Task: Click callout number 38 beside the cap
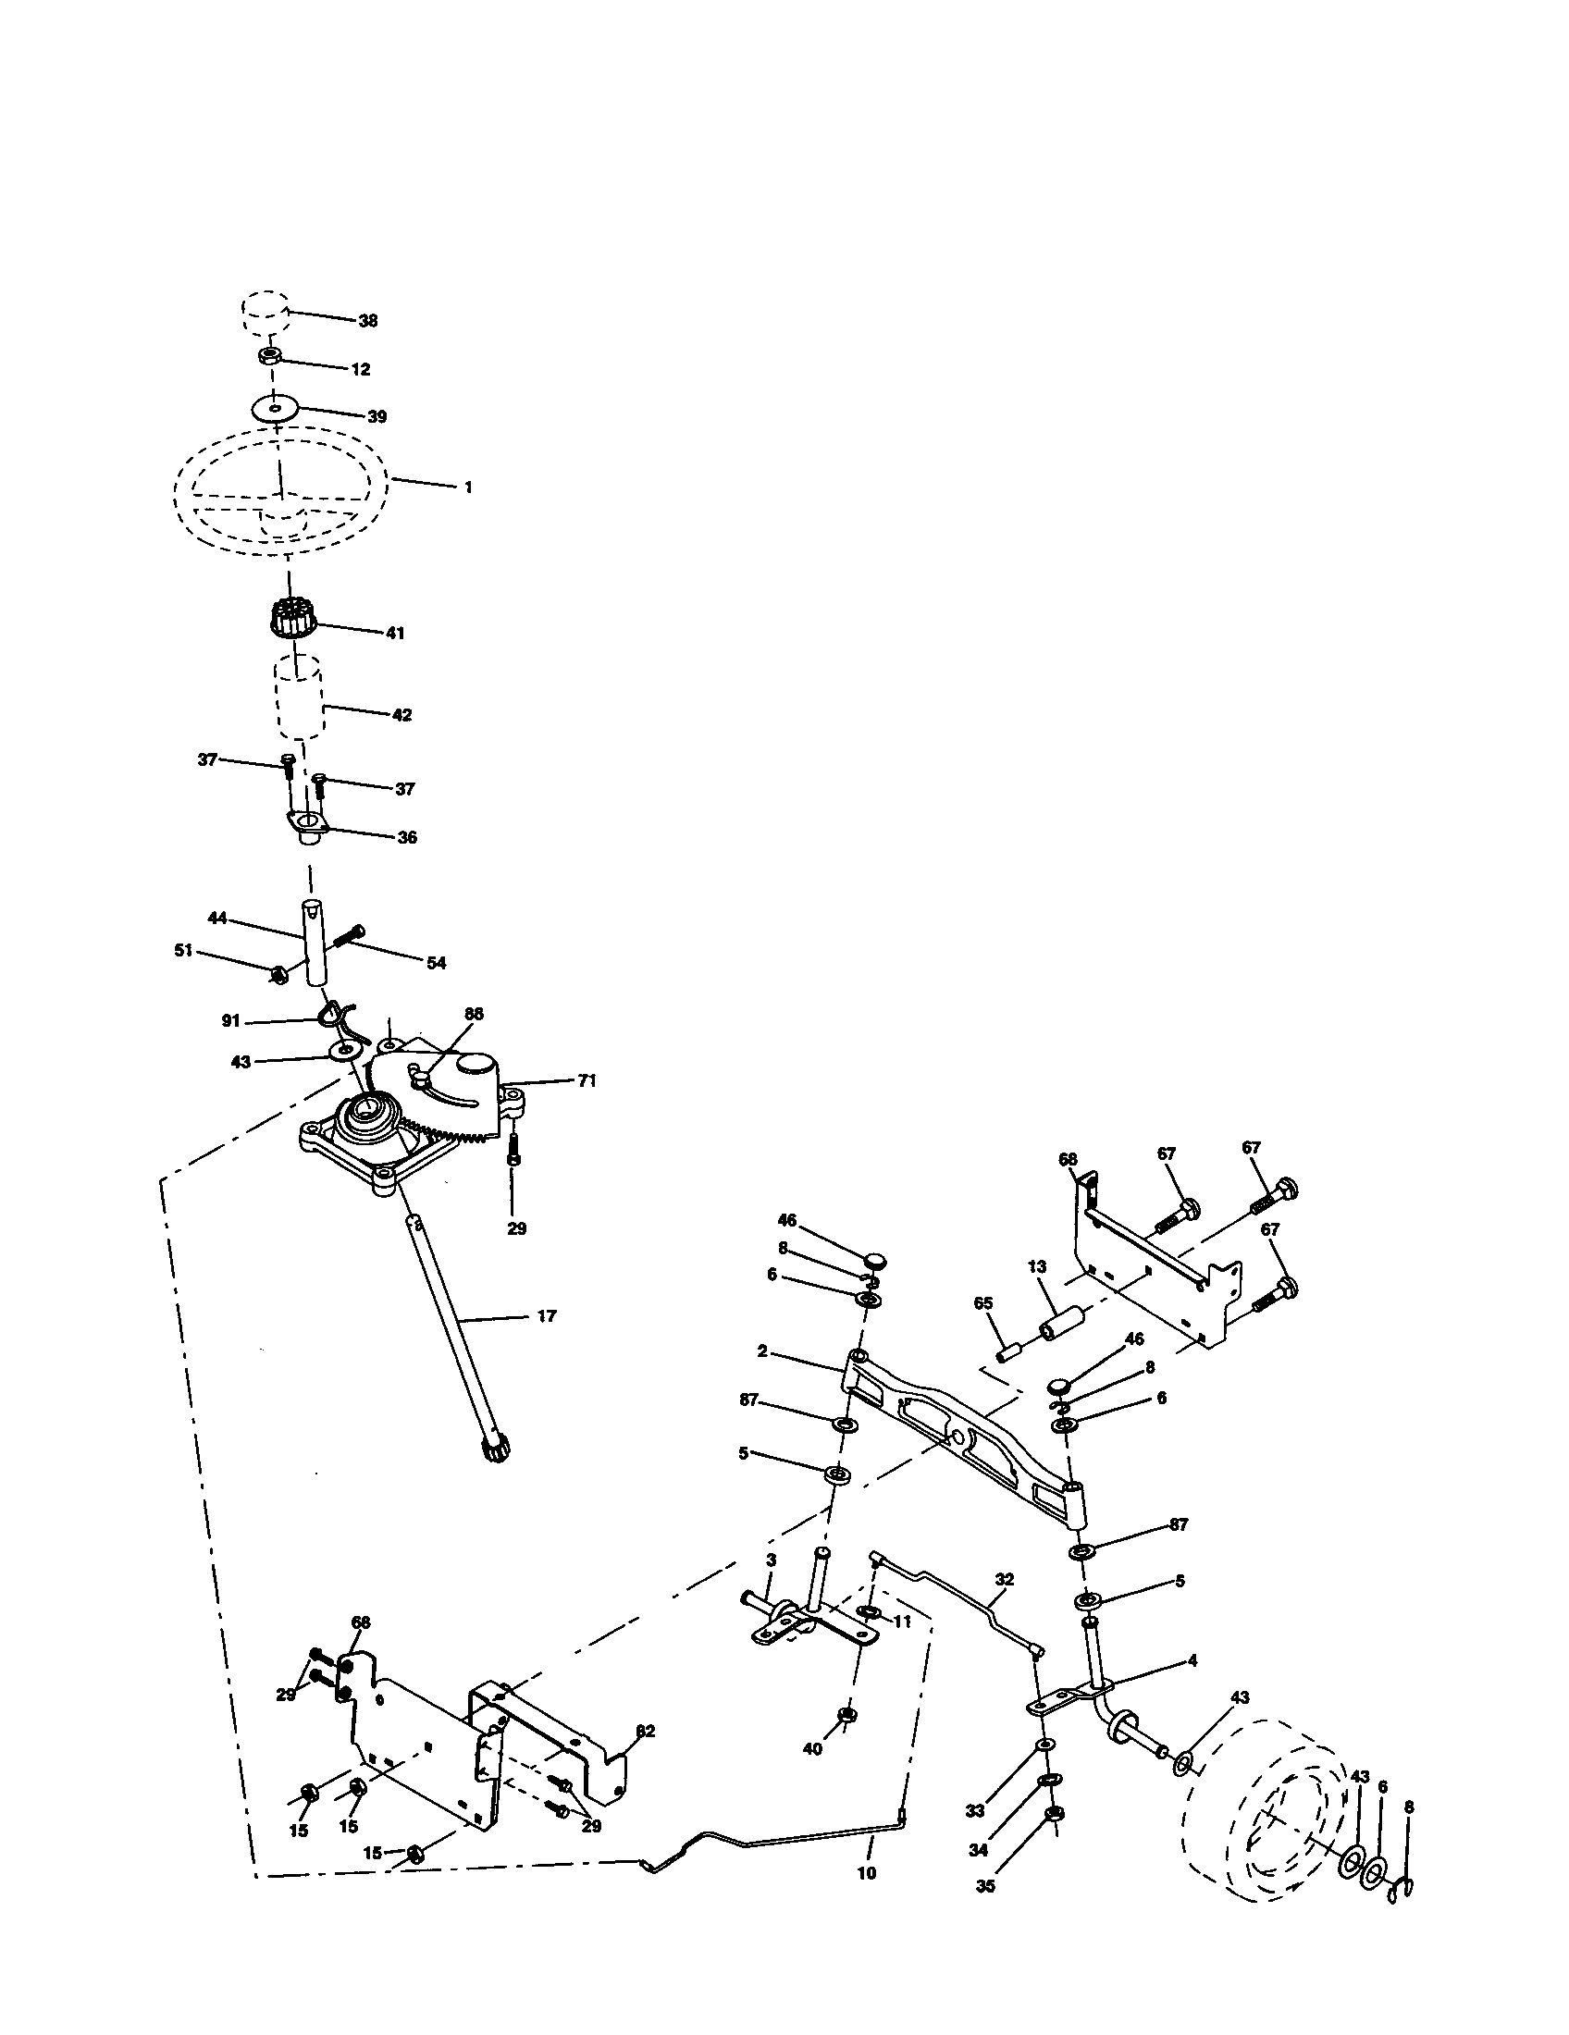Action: point(368,321)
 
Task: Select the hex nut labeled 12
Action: point(270,356)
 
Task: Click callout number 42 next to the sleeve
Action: point(402,716)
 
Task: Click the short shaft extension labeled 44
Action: point(315,941)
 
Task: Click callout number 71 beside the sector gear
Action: point(587,1080)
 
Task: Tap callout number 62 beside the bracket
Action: point(645,1732)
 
